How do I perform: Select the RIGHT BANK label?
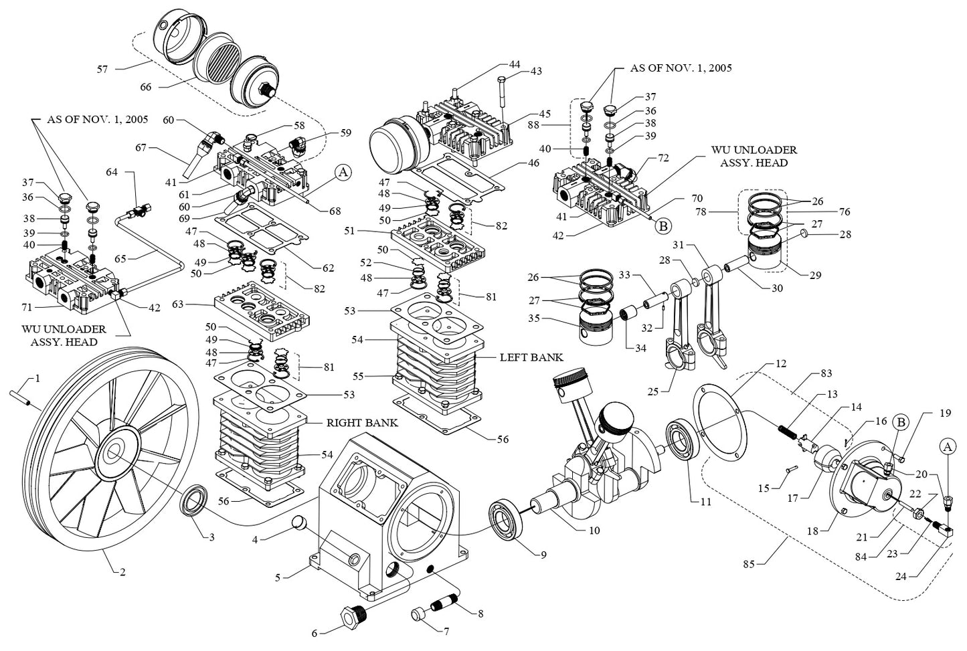pos(362,423)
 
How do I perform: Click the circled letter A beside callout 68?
pos(343,173)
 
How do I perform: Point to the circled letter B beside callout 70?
pos(663,226)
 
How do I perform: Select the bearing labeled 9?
pos(508,519)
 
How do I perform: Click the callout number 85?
pos(748,565)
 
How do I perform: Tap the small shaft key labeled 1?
pos(23,393)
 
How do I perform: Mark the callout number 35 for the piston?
pos(533,318)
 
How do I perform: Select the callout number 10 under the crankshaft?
pos(594,531)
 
